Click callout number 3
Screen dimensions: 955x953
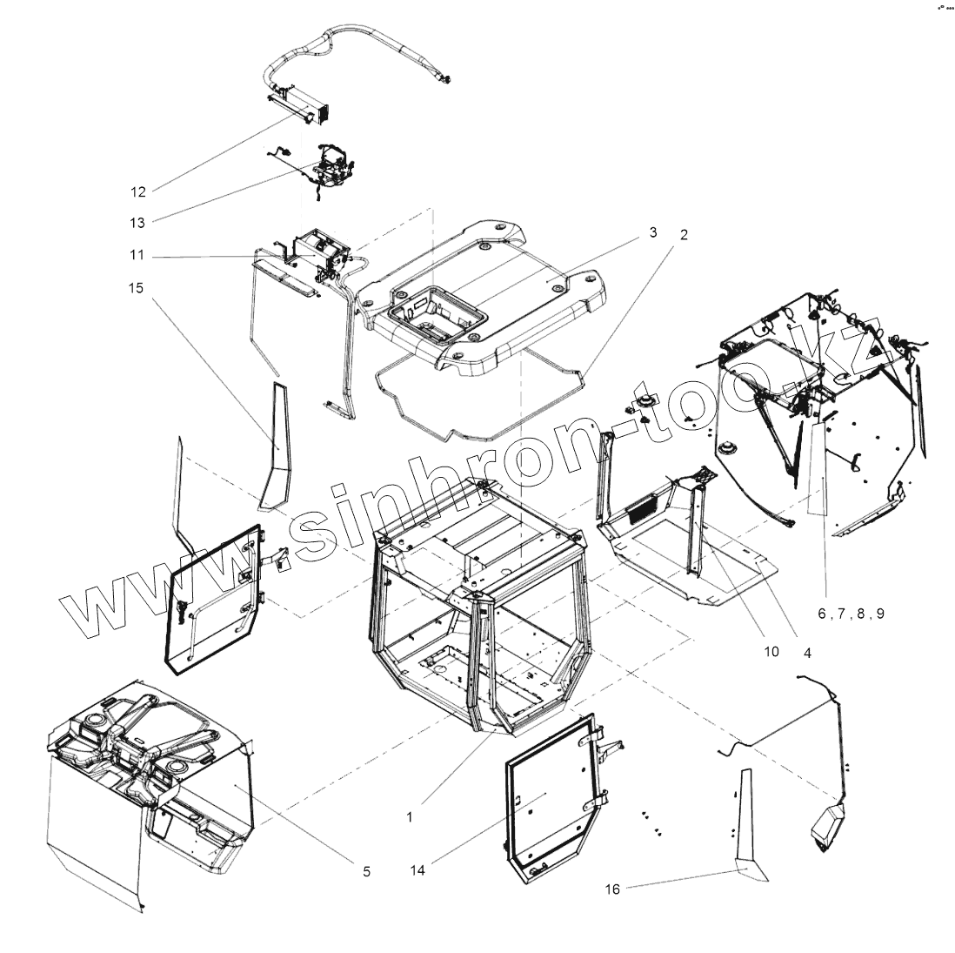pyautogui.click(x=651, y=232)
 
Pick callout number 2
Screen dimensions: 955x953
pyautogui.click(x=684, y=235)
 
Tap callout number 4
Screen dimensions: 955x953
pyautogui.click(x=807, y=652)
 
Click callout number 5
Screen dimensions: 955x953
pyautogui.click(x=366, y=870)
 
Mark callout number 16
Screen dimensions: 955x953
pyautogui.click(x=612, y=889)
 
